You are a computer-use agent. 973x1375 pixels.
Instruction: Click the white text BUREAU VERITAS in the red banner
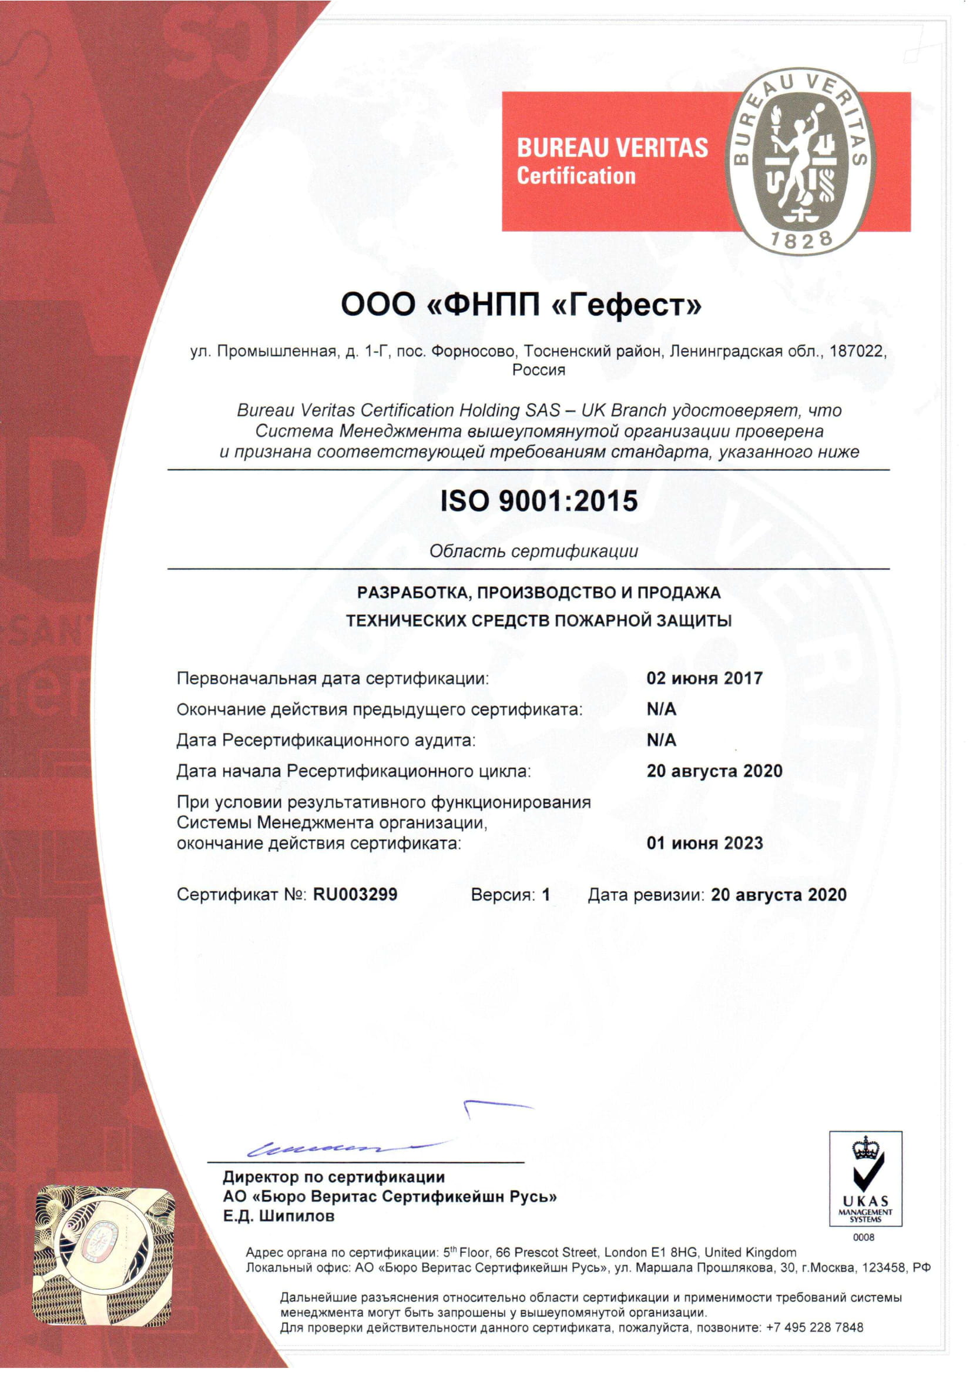click(612, 148)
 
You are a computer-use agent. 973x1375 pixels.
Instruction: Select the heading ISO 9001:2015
click(539, 501)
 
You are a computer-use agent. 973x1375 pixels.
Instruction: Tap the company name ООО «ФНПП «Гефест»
click(521, 305)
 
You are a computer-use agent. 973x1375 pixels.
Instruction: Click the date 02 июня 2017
click(704, 678)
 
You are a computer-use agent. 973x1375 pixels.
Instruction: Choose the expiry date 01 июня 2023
click(704, 844)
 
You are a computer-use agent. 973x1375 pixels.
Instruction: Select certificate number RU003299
click(355, 895)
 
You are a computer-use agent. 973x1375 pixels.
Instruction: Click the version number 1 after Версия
click(546, 895)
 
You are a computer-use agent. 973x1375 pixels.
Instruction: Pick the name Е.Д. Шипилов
click(279, 1216)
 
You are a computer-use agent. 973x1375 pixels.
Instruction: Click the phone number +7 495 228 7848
click(815, 1327)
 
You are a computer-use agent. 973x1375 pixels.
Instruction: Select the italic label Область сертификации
click(534, 551)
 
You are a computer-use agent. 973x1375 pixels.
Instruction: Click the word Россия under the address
click(539, 370)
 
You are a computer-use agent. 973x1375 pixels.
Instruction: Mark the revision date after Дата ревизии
click(779, 895)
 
